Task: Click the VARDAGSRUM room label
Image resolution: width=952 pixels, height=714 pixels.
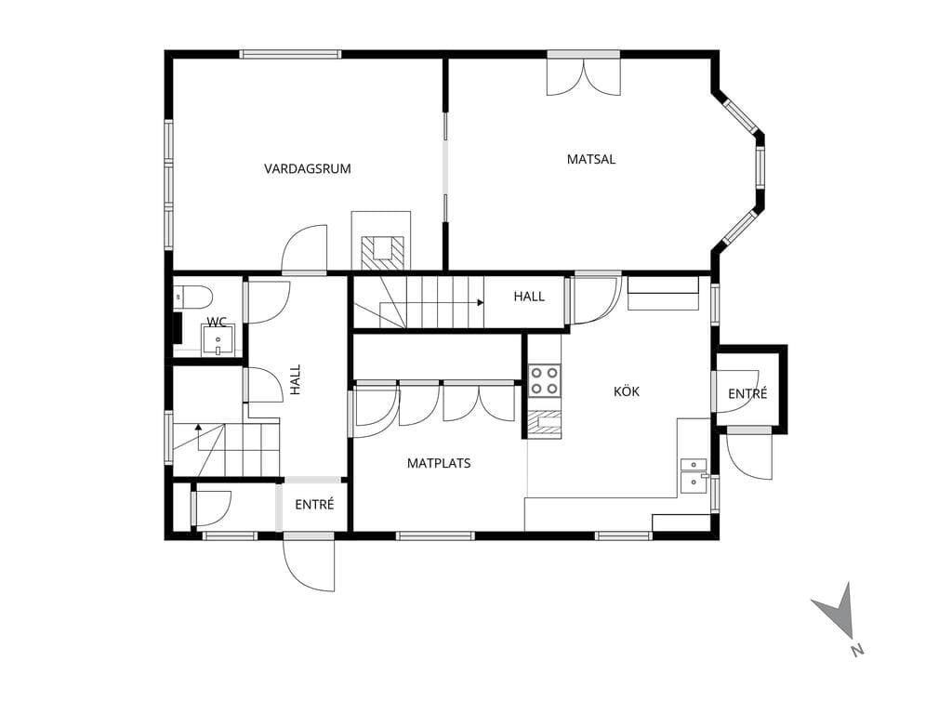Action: [x=307, y=169]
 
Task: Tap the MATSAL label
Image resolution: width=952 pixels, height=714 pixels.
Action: [x=590, y=159]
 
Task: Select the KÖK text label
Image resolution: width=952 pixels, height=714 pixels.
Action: [x=627, y=391]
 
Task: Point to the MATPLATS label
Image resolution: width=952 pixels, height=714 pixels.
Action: [x=439, y=463]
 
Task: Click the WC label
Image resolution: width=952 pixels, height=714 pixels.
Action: [x=217, y=322]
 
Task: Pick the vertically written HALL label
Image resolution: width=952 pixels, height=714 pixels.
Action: [x=296, y=379]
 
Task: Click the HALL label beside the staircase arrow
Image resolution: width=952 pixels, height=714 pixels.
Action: [x=529, y=297]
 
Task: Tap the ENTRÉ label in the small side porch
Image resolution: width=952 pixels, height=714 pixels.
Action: [x=747, y=393]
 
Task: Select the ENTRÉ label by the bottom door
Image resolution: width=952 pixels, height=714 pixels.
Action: [x=314, y=505]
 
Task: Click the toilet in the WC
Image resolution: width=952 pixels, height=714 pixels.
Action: [x=193, y=297]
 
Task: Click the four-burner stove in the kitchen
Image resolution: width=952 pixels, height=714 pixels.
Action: [x=544, y=380]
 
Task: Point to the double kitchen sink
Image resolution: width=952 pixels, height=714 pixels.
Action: [x=694, y=475]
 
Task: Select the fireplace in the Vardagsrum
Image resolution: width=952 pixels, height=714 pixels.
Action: [x=381, y=241]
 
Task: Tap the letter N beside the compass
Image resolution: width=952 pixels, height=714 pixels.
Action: [x=856, y=649]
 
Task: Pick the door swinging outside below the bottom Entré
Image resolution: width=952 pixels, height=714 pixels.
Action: [x=309, y=562]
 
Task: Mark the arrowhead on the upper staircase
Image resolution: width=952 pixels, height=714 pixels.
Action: [x=480, y=302]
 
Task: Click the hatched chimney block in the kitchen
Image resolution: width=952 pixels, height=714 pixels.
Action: [x=544, y=424]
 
